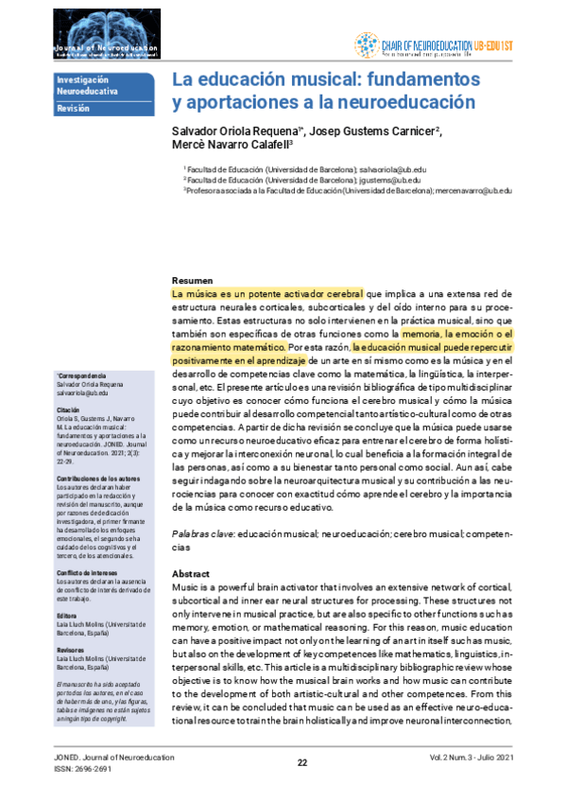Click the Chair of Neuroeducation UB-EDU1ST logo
(436, 44)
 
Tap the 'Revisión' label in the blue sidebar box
(73, 109)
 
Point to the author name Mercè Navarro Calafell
(231, 146)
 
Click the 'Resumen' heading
(193, 281)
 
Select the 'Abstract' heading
(191, 574)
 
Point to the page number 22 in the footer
(302, 763)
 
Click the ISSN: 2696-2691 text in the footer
(83, 769)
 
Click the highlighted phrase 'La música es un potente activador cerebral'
(267, 294)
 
